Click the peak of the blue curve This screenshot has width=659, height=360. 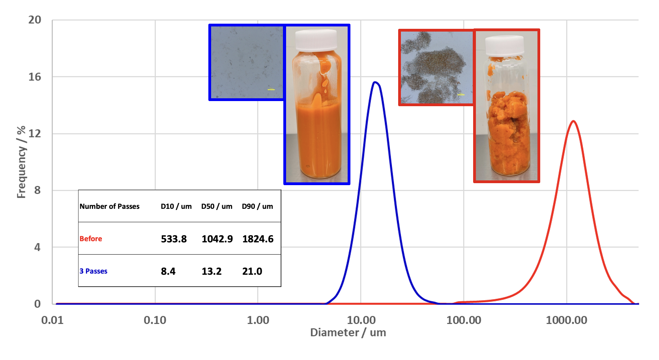(375, 82)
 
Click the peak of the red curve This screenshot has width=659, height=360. (573, 121)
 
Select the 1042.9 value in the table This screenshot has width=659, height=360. (217, 239)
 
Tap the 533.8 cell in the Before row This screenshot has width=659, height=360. (174, 239)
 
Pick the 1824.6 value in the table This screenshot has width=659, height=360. (258, 239)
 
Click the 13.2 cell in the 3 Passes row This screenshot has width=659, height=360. (212, 271)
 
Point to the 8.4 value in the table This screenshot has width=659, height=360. (168, 271)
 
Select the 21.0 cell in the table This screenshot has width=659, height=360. (252, 271)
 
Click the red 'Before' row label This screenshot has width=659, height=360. (91, 239)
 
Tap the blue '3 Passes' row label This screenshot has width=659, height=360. (94, 271)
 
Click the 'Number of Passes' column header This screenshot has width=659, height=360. (110, 206)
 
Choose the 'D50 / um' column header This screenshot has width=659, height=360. (217, 206)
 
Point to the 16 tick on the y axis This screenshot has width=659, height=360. (35, 77)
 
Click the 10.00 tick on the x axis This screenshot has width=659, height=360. (361, 320)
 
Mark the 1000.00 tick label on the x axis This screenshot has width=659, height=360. (566, 320)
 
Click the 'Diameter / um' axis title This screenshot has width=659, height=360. (348, 332)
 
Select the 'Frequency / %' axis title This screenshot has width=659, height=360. (21, 162)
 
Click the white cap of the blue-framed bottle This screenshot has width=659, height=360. (316, 40)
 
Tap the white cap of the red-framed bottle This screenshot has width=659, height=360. (505, 45)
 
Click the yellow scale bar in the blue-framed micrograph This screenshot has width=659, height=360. (271, 90)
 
